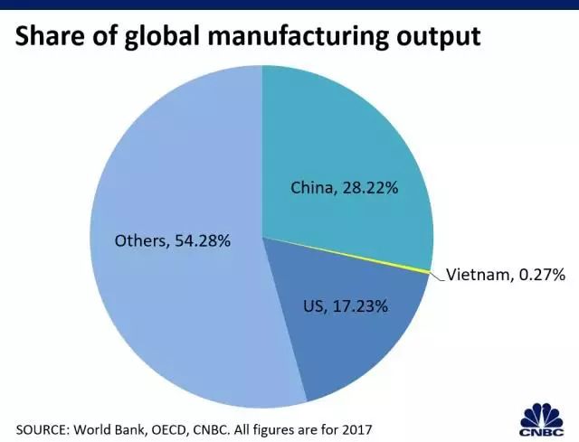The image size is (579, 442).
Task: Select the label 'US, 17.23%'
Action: (346, 306)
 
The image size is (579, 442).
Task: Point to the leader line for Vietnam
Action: (438, 274)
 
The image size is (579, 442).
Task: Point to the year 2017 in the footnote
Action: (354, 425)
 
